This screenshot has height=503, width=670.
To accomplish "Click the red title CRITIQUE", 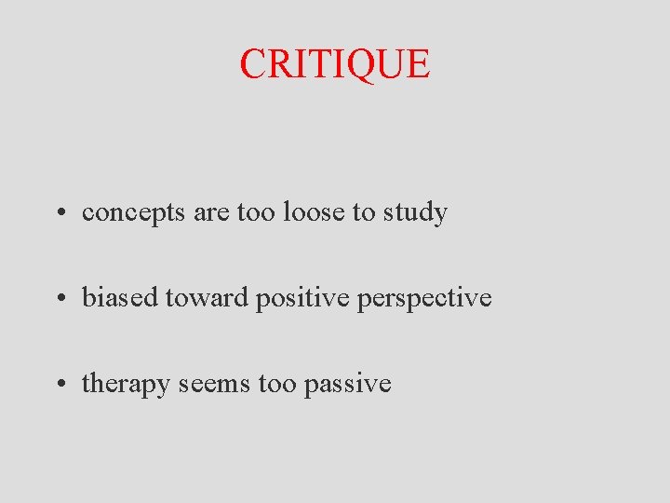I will tap(335, 63).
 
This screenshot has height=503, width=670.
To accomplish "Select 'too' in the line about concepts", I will tap(255, 213).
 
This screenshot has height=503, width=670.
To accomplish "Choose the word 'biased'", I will tap(120, 298).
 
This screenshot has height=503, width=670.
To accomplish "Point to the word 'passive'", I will tap(347, 384).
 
